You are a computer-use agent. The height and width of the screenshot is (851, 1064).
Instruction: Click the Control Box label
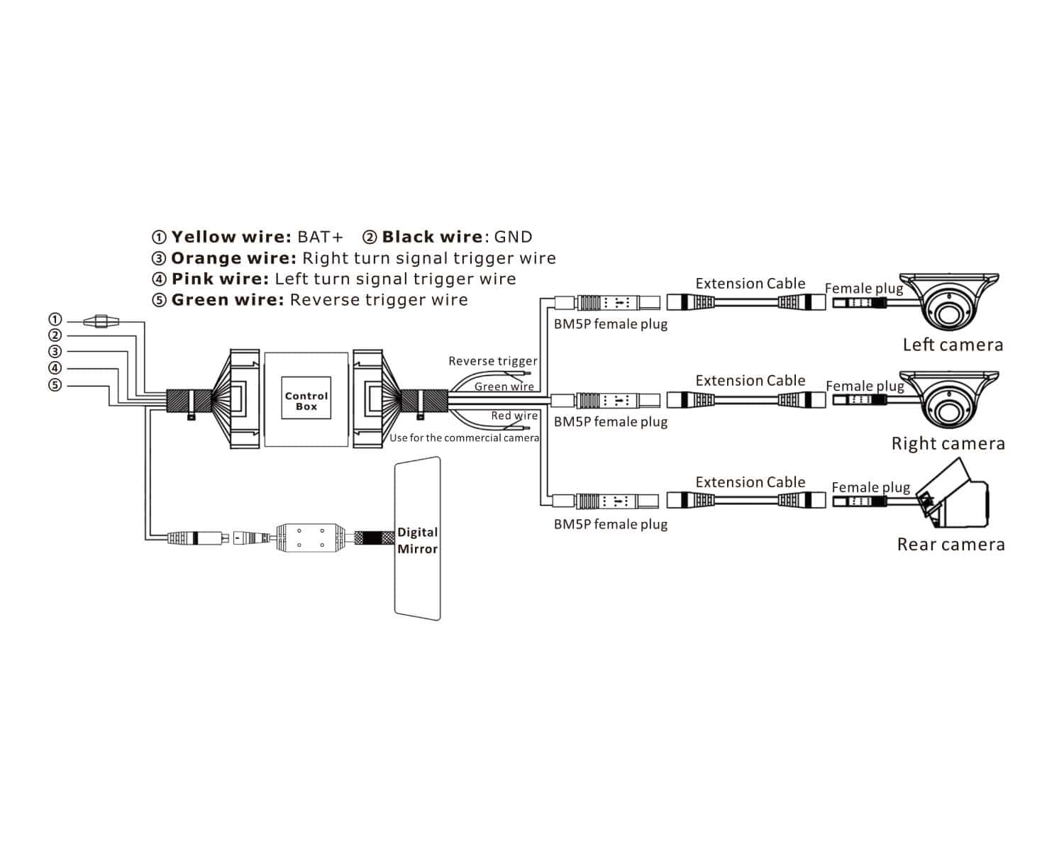pos(306,401)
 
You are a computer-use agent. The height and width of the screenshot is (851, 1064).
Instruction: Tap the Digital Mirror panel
pos(418,540)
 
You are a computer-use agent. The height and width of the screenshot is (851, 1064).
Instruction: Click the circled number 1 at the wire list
pos(55,320)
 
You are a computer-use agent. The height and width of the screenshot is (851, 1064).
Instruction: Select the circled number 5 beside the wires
pos(55,385)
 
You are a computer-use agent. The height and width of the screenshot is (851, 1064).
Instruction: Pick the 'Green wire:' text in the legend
pos(227,300)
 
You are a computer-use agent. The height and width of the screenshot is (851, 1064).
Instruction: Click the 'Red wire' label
pos(514,416)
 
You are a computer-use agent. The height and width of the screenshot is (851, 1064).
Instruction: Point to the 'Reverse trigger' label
pos(493,361)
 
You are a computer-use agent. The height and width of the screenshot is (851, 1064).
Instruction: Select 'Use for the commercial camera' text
pos(464,438)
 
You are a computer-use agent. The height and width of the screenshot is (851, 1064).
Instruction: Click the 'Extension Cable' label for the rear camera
pos(750,482)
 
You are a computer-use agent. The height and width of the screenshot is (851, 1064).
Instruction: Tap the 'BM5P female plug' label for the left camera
pos(611,325)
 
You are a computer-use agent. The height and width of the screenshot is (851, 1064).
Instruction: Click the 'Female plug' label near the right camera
pos(865,386)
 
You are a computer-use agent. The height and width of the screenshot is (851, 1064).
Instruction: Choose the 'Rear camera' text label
pos(951,545)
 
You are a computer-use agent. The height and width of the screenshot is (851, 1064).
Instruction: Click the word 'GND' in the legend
pos(513,237)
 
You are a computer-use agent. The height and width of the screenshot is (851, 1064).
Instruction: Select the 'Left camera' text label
pos(953,345)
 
